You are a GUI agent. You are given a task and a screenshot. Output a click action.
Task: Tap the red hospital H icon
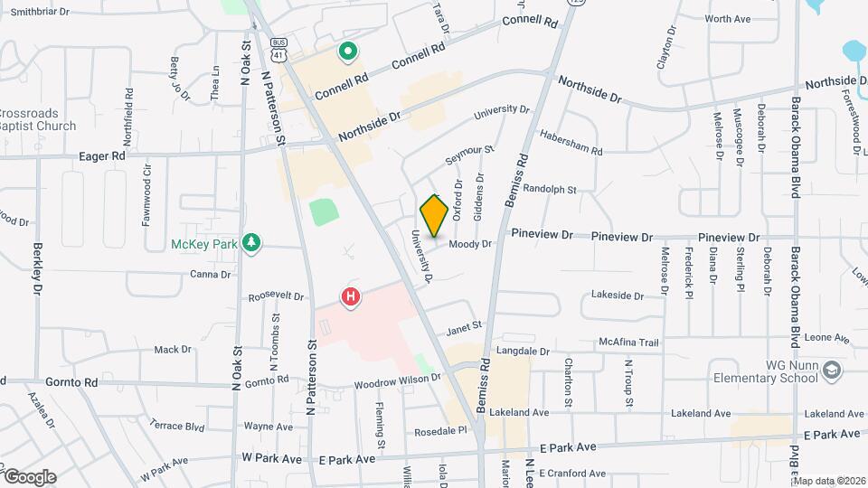351,296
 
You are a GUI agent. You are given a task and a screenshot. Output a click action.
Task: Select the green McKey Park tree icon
252,243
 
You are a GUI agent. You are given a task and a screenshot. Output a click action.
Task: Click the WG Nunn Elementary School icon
832,370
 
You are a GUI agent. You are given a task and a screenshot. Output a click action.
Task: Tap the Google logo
30,476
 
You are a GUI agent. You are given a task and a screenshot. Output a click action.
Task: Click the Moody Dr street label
469,244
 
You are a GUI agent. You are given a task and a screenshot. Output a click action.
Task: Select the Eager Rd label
105,156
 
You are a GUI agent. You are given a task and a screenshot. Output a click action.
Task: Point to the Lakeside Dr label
617,296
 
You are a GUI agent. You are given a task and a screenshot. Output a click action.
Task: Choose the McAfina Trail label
630,342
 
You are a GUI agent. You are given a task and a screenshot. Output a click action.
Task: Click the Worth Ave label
728,18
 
